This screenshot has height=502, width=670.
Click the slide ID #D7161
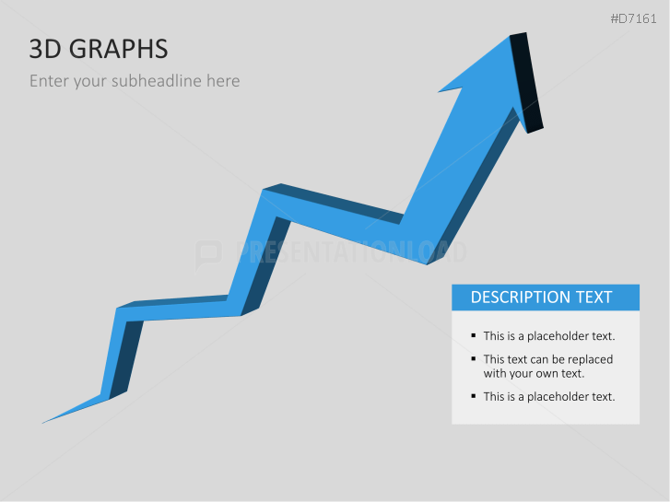[x=633, y=18]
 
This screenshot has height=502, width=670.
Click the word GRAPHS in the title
[x=118, y=49]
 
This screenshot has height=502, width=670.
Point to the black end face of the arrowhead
[x=526, y=83]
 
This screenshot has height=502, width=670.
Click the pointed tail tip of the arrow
[x=42, y=423]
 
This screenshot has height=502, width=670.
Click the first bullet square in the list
[x=474, y=335]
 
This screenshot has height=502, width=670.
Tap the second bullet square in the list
[x=474, y=359]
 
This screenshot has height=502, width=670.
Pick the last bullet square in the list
[x=474, y=396]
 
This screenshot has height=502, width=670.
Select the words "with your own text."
[x=534, y=374]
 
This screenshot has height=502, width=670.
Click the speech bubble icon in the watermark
[x=208, y=254]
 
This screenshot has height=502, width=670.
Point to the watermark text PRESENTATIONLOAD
[x=351, y=252]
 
